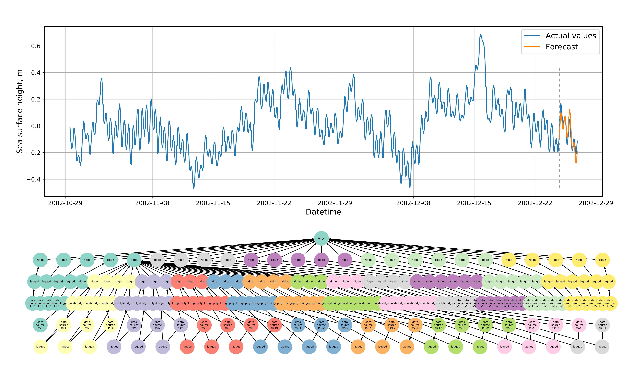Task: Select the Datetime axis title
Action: pos(323,212)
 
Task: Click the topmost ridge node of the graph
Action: pos(321,238)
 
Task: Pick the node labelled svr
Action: pos(369,303)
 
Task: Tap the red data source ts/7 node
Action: pos(204,325)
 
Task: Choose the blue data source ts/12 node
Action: pos(321,325)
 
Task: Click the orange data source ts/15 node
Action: pos(392,325)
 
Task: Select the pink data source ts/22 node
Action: pos(556,325)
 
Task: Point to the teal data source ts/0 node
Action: pos(32,303)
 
